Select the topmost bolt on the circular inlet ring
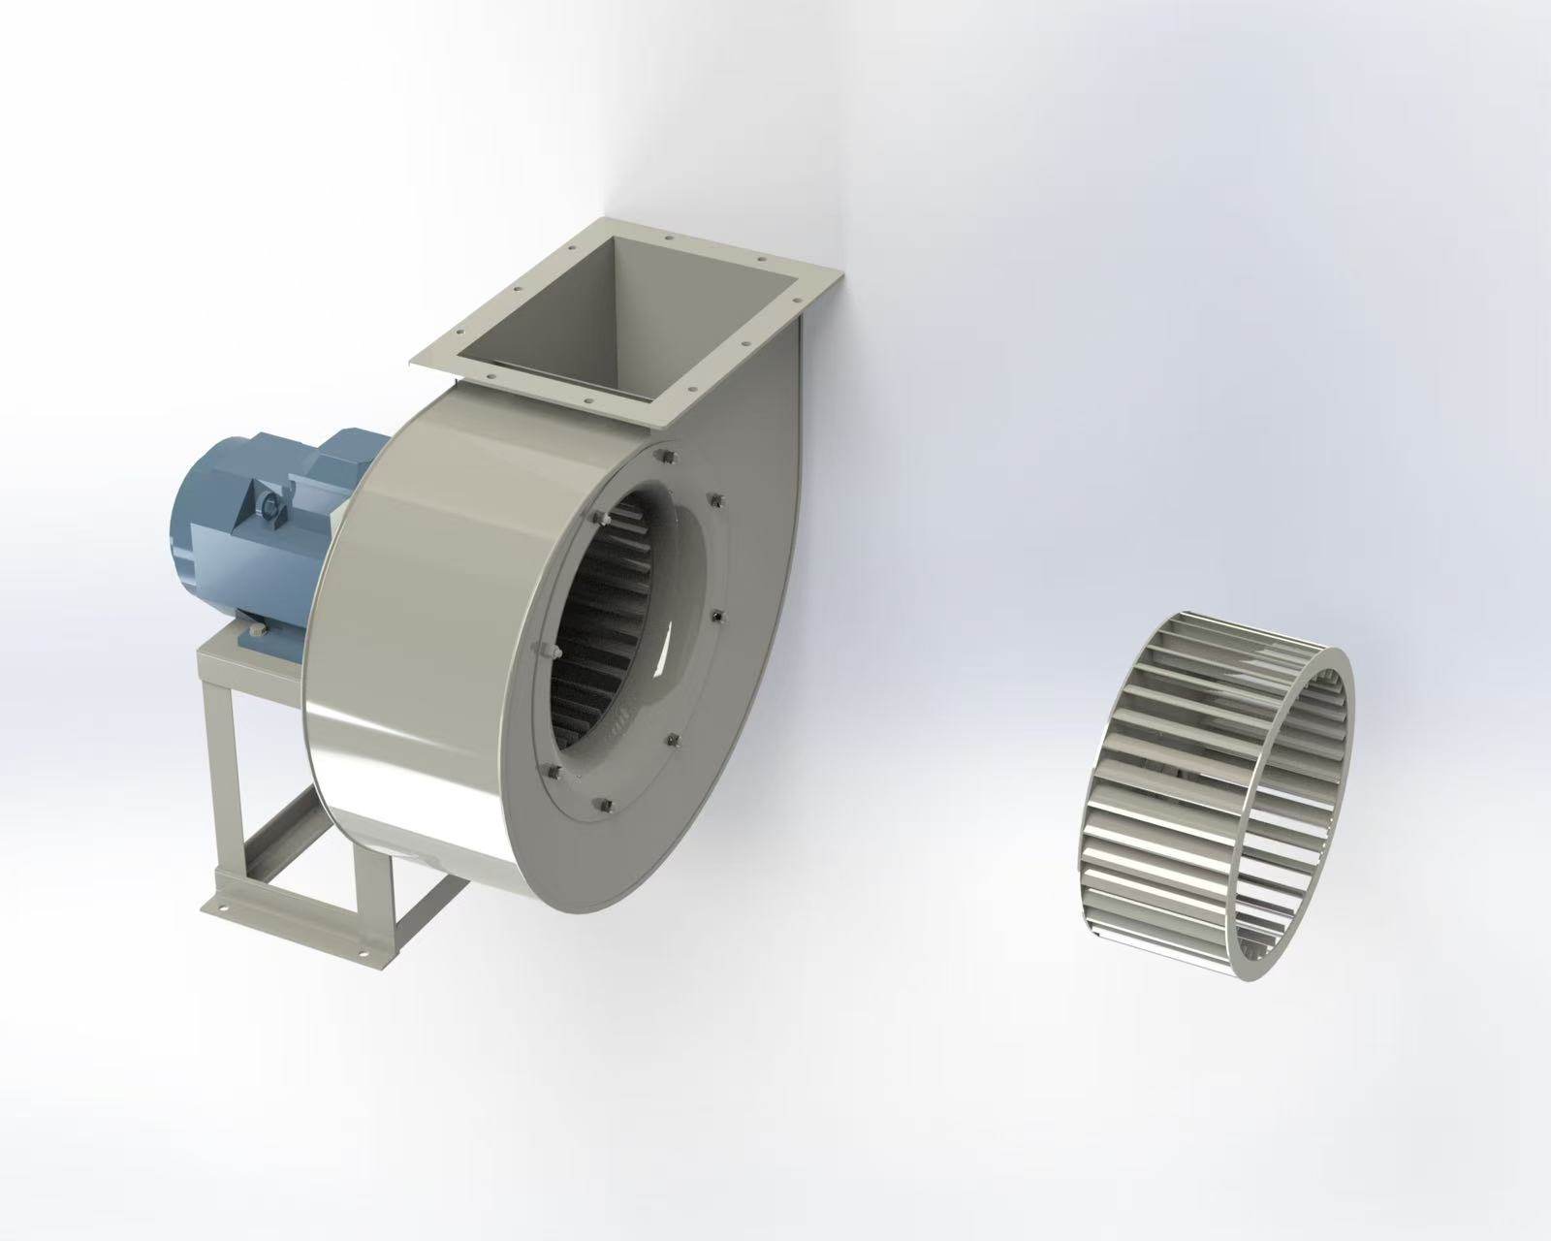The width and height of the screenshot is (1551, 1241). point(664,456)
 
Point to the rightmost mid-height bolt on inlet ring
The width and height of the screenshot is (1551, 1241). point(715,618)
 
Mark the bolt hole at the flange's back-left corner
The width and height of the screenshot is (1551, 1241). point(518,287)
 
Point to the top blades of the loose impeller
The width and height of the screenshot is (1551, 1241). point(1231,640)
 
